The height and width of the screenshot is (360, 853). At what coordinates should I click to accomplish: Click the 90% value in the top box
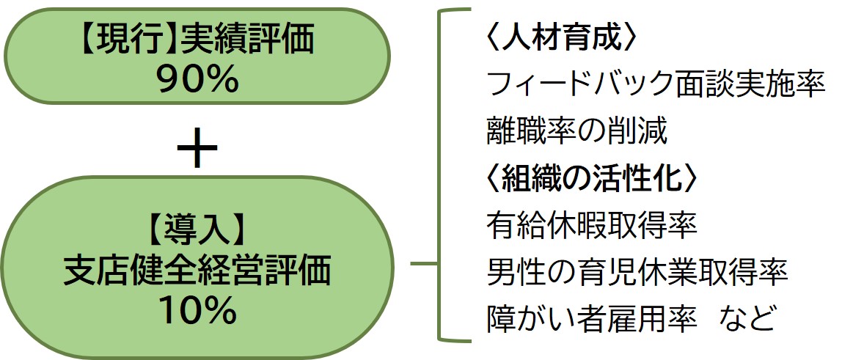tap(197, 81)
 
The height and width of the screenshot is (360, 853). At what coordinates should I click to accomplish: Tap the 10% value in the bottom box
tap(197, 312)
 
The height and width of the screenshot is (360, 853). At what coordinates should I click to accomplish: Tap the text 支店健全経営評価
tap(197, 272)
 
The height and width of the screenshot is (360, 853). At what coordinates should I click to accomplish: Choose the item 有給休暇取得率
tap(591, 226)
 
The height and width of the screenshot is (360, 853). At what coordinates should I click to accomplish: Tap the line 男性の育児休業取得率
tap(637, 273)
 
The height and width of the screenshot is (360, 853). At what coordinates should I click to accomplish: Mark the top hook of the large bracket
tap(455, 12)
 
